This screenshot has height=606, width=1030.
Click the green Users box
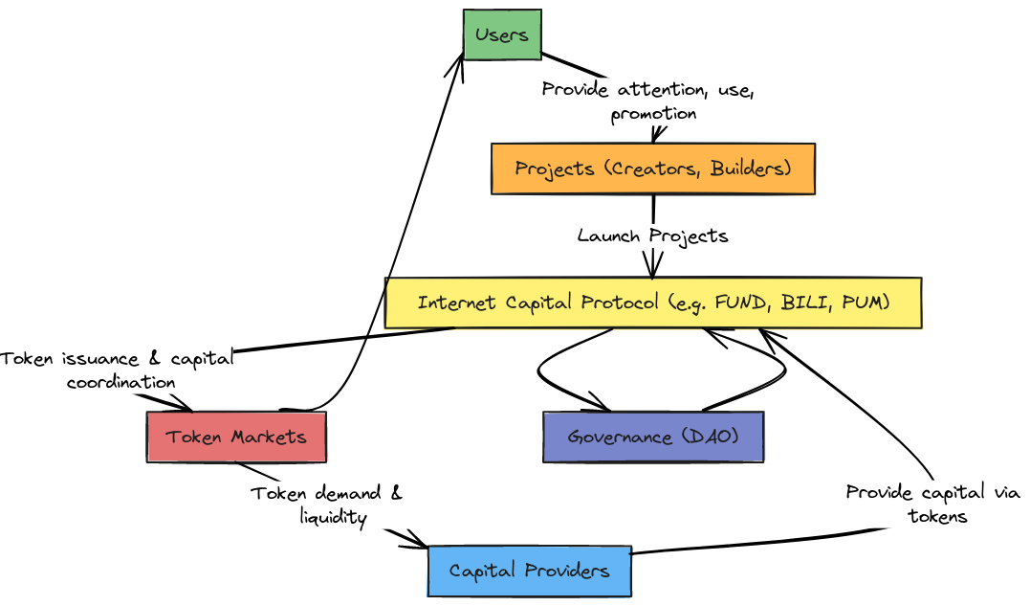tap(502, 34)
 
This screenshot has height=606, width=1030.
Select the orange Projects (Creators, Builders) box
tap(653, 169)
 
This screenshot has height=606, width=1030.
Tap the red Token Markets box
tap(236, 438)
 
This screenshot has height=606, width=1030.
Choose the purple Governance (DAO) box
tap(653, 438)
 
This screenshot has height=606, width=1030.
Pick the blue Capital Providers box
tap(530, 572)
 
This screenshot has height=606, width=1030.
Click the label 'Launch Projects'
tap(653, 236)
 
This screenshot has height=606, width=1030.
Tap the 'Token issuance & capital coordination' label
tap(118, 370)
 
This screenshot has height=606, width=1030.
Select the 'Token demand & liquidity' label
tap(327, 505)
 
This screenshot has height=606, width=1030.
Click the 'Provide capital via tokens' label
tap(932, 505)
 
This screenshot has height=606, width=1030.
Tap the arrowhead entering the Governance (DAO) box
tap(602, 404)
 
